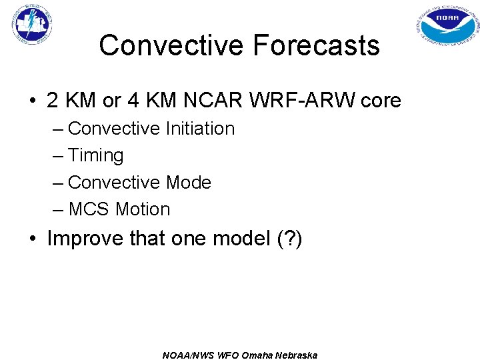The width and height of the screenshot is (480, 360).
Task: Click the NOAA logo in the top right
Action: tap(447, 26)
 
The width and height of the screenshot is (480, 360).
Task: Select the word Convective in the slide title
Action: tap(171, 46)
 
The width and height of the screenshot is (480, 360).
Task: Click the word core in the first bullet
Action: tap(381, 101)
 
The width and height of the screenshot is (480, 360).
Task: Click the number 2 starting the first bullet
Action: tap(53, 101)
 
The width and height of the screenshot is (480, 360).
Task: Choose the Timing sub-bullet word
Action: tap(96, 155)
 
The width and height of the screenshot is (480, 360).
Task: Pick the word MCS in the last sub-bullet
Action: tap(89, 209)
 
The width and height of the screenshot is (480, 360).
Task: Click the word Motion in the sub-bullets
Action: tap(143, 209)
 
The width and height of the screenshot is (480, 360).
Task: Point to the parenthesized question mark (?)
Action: tap(289, 238)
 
